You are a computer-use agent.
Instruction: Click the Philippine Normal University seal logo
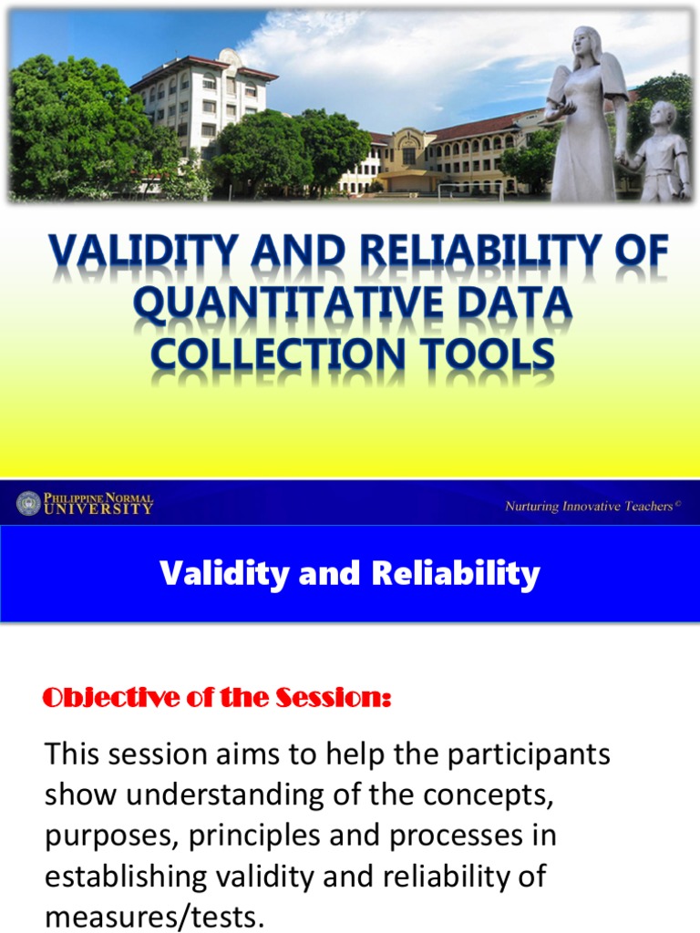pyautogui.click(x=29, y=503)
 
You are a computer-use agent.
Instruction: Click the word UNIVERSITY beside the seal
pyautogui.click(x=99, y=509)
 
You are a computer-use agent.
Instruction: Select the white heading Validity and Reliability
pyautogui.click(x=350, y=573)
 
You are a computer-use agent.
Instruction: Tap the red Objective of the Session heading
pyautogui.click(x=217, y=699)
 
